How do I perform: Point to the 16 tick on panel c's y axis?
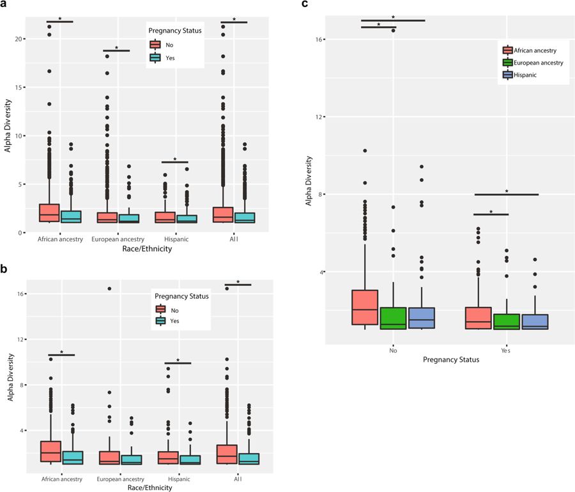point(321,40)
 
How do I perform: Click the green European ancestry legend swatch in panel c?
point(508,63)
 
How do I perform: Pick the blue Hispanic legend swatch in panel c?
point(508,74)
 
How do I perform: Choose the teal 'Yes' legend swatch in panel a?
point(155,57)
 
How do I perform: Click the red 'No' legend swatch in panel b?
point(160,309)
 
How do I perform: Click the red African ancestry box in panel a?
point(49,213)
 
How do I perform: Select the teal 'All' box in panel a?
point(245,218)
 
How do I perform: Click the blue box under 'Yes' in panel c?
point(535,322)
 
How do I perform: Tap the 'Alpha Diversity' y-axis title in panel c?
point(309,172)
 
